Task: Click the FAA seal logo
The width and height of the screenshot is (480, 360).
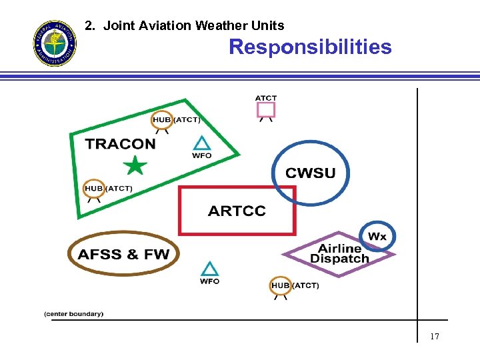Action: [55, 43]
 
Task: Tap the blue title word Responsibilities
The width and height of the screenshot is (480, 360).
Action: [310, 47]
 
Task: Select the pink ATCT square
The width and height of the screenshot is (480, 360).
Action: [266, 109]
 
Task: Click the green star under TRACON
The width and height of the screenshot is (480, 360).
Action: [135, 165]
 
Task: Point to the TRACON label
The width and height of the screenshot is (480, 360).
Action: [120, 144]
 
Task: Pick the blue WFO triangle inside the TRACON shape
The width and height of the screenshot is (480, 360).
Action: [201, 143]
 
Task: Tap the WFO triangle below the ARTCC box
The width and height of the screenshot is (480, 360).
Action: [209, 269]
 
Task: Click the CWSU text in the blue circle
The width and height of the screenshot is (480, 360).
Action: [311, 173]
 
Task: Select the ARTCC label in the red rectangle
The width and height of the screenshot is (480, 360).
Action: [237, 211]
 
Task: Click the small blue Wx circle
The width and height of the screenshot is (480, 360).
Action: [377, 236]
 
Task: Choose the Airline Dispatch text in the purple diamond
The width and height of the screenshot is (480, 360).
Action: [339, 253]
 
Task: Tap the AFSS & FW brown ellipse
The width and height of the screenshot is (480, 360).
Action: [123, 254]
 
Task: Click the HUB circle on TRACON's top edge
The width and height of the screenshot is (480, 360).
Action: [162, 120]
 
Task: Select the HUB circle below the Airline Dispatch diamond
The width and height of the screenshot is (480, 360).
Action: [281, 285]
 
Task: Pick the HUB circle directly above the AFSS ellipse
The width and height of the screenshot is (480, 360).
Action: [94, 189]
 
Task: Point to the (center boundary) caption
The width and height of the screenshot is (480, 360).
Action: [74, 314]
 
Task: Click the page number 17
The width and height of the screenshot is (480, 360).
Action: [435, 337]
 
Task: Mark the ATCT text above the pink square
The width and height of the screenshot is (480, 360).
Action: [266, 98]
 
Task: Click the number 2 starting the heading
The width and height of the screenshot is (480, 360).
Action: [89, 26]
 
